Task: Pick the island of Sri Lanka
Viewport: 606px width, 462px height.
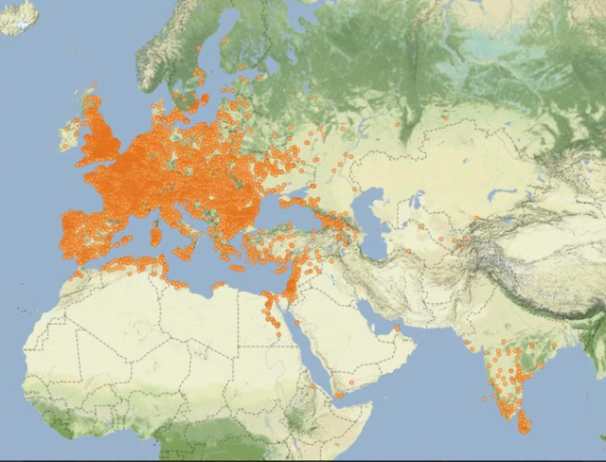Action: tap(523, 421)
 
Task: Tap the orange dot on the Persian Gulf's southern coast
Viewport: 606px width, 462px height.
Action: tap(397, 328)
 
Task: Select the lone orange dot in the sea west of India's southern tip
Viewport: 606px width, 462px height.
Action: tap(485, 398)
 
